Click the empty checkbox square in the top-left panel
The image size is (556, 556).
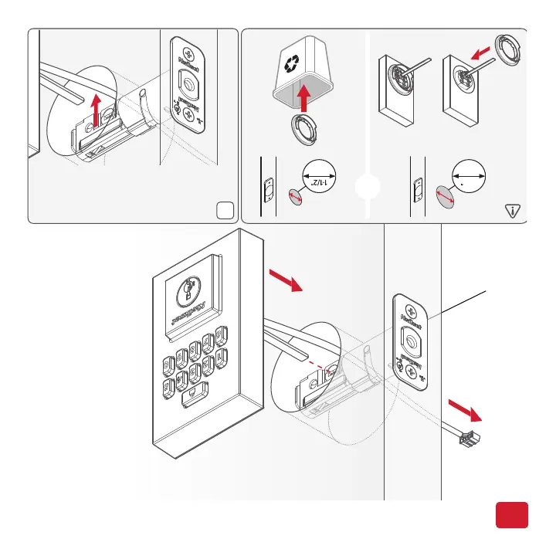tap(225, 209)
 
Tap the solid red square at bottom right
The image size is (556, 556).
tap(511, 515)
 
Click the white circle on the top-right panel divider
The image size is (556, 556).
tap(367, 189)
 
